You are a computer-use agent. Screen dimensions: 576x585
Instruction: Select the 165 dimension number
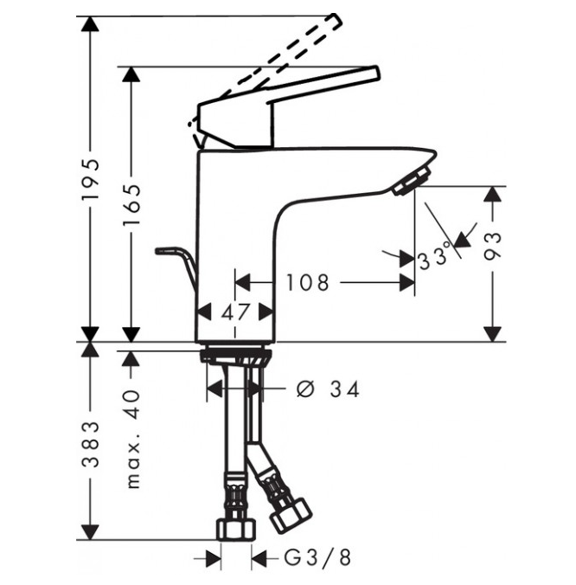[x=132, y=204]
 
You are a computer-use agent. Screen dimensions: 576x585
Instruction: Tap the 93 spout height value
[x=492, y=246]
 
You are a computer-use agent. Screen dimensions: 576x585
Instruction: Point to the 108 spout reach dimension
[x=308, y=282]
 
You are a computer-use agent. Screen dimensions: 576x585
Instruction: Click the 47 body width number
[x=235, y=312]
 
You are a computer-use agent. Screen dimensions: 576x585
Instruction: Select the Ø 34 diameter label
[x=328, y=389]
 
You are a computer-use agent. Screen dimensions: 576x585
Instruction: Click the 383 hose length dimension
[x=91, y=444]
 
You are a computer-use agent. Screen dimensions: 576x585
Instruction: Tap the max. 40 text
[x=132, y=440]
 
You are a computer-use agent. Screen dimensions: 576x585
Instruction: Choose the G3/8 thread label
[x=317, y=558]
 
